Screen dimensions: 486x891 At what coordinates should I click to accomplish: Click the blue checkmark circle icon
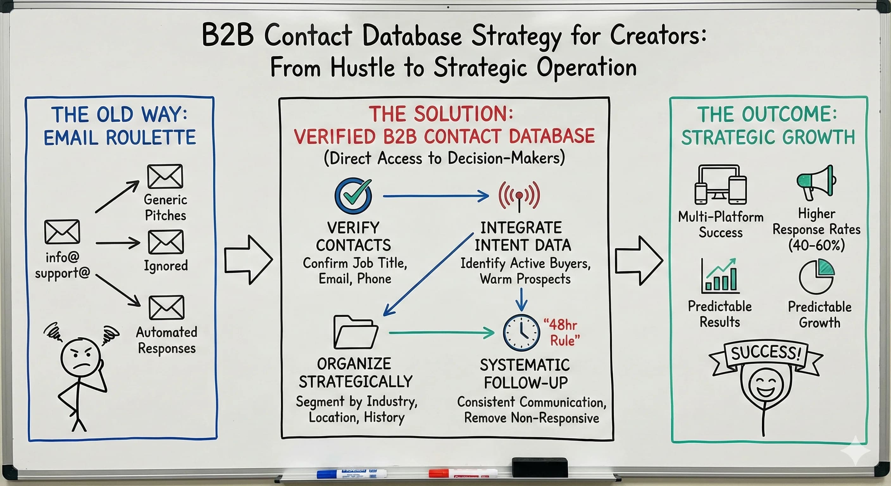coord(353,196)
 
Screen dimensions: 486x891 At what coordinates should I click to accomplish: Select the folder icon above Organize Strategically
coord(356,332)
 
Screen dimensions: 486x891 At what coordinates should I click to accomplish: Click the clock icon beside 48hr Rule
coord(521,333)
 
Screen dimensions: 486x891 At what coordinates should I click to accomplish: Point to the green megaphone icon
coord(817,182)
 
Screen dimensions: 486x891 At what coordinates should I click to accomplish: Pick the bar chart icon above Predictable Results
coord(720,276)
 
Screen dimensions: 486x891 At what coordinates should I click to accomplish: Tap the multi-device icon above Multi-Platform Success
coord(720,185)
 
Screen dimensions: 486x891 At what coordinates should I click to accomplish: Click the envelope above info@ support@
coord(62,231)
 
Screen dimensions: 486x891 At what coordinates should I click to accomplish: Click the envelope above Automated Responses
coord(166,307)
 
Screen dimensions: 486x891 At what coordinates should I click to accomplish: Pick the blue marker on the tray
coord(352,473)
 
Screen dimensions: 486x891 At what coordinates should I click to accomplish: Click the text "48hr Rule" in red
coord(561,333)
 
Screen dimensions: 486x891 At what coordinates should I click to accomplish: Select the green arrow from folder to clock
coord(441,333)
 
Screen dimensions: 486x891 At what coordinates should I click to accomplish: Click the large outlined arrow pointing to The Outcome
coord(639,261)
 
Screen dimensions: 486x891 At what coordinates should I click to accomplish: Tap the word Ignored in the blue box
coord(166,266)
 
